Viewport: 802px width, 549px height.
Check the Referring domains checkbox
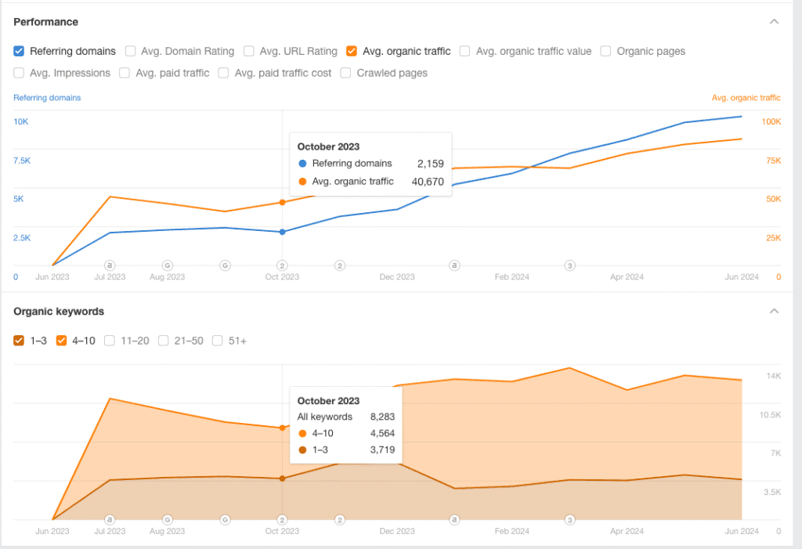coord(19,51)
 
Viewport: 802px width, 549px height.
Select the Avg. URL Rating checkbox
coord(248,51)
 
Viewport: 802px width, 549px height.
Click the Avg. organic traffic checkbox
coord(352,51)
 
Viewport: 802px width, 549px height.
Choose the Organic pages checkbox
coord(605,51)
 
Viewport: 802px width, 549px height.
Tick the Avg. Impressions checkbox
coord(19,73)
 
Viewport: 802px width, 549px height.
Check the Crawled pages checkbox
coord(345,73)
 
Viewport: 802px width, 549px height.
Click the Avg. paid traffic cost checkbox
coord(223,73)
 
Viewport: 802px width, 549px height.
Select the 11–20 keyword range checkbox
coord(110,341)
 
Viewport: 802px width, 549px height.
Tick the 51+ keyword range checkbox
coord(217,341)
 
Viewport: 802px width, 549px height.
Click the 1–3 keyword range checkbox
coord(19,341)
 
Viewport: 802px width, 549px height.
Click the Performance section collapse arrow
coord(774,22)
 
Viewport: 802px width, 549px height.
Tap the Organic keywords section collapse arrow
coord(774,311)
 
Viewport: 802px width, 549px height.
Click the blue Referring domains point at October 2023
coord(282,232)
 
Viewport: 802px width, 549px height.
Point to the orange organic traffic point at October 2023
coord(282,202)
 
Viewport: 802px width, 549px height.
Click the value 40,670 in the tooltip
coord(428,182)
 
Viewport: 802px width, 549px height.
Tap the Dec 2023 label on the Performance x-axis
coord(397,276)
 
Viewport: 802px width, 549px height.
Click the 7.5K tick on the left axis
coord(22,161)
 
